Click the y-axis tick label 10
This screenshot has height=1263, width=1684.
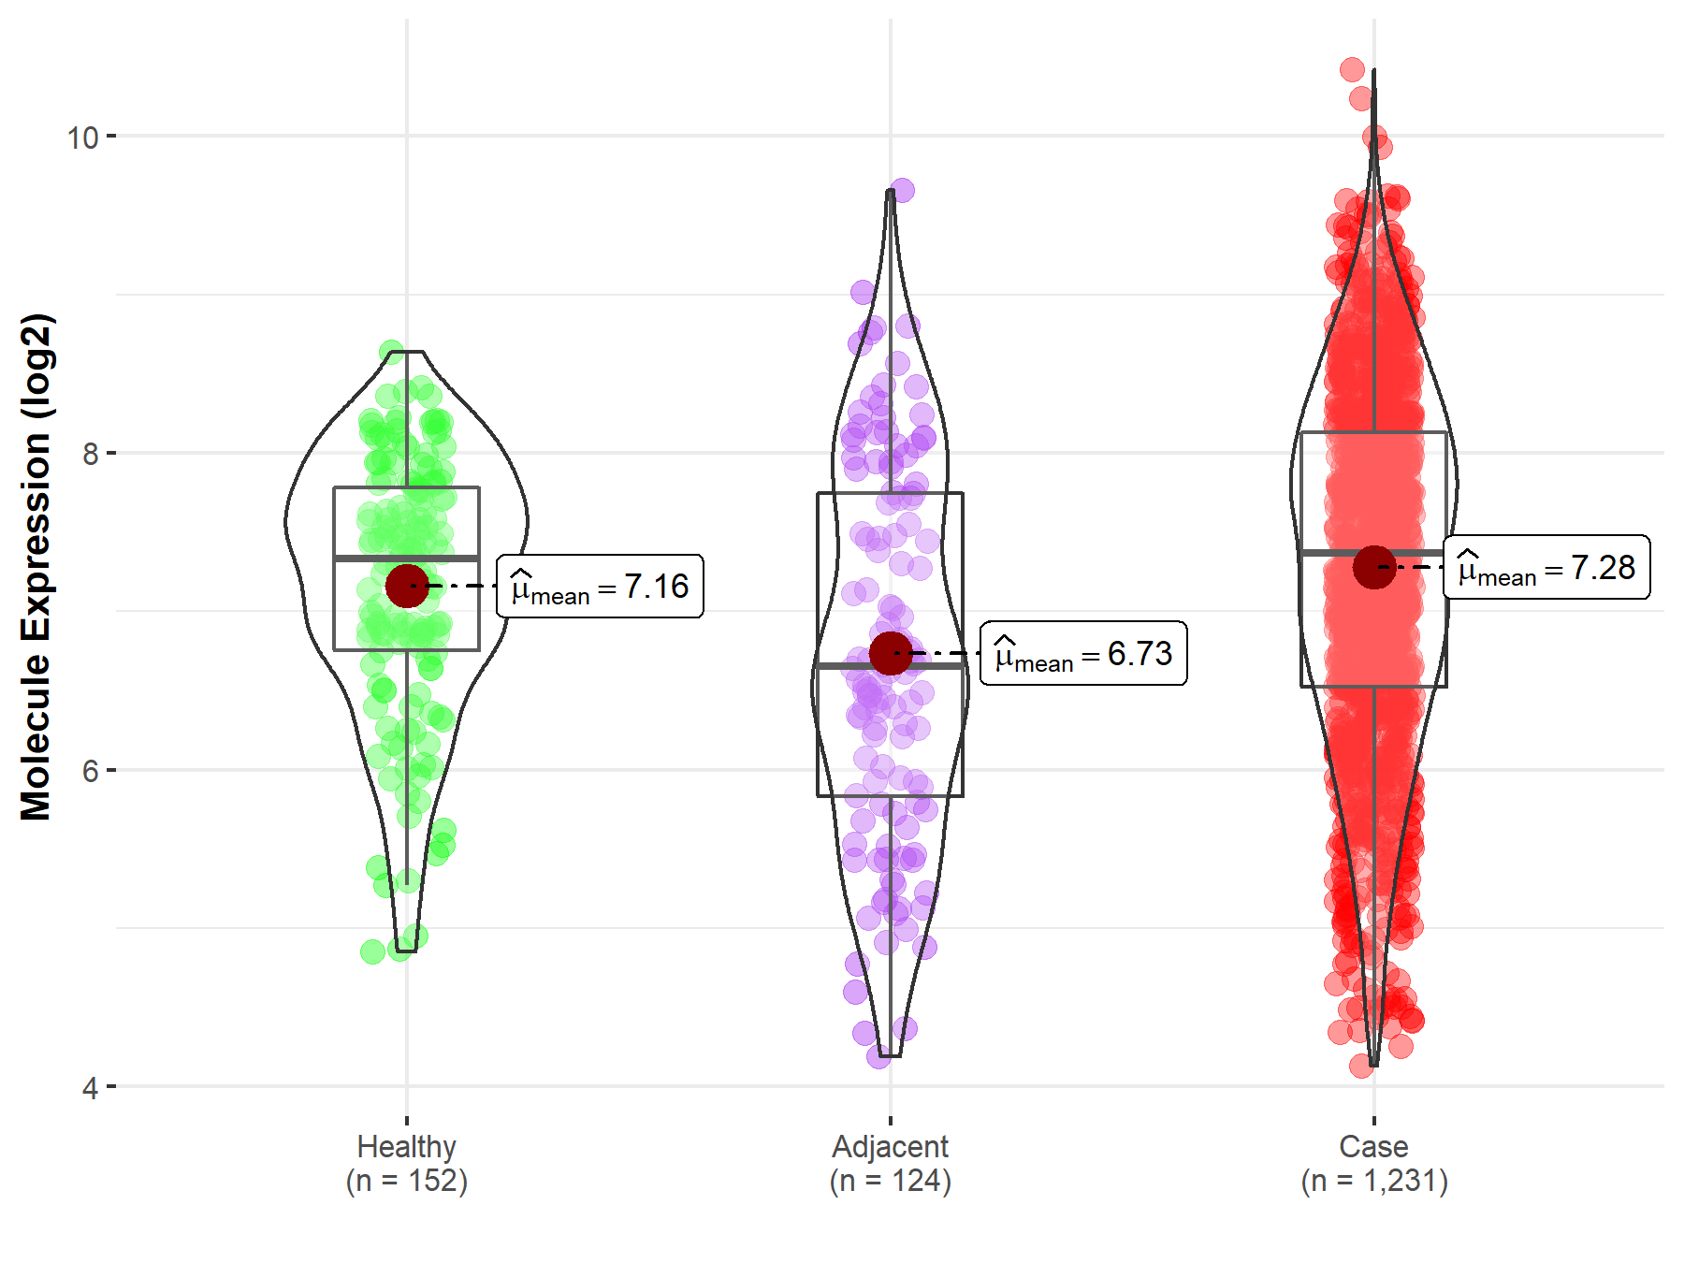(x=81, y=138)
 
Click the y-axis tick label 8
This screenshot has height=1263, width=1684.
(x=90, y=455)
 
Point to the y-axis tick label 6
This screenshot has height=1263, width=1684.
(x=90, y=771)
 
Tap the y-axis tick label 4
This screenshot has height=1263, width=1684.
(x=90, y=1088)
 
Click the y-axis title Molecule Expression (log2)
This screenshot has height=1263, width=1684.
(x=36, y=567)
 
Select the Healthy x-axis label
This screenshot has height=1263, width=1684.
(x=406, y=1146)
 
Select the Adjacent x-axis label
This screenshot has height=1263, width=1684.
(x=890, y=1146)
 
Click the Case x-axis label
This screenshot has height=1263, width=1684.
(x=1373, y=1146)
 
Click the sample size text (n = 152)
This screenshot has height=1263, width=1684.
(x=406, y=1181)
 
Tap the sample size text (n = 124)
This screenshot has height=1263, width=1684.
(x=890, y=1181)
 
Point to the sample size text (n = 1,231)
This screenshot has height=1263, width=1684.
(x=1373, y=1181)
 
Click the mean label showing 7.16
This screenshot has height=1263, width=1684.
(x=600, y=588)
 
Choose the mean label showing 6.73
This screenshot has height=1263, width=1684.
(x=1083, y=654)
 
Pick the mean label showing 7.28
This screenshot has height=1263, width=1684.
(x=1546, y=568)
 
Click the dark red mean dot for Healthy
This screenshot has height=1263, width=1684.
(x=407, y=586)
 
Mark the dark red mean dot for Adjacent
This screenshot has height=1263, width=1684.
(x=890, y=653)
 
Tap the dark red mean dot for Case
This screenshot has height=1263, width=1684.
(x=1373, y=567)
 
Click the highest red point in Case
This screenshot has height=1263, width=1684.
(x=1352, y=69)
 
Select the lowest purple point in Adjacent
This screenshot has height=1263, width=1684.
(x=878, y=1057)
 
